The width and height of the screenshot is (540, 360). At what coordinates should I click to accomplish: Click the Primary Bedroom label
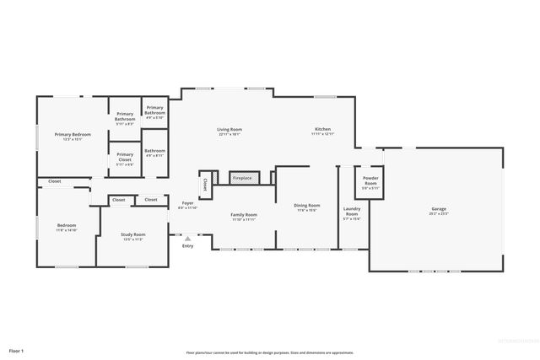coord(73,135)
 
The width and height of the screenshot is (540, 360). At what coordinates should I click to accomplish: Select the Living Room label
coord(229,130)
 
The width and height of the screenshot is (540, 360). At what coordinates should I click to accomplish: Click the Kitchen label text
coord(323,130)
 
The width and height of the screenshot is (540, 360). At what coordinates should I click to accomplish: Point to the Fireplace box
coord(241,179)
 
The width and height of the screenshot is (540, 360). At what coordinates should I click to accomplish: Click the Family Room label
coord(244,215)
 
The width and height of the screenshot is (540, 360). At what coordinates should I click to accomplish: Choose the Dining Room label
coord(307,206)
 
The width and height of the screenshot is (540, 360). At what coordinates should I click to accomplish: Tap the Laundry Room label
coord(352,212)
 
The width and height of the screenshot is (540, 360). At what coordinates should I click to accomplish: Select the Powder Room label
coord(370,180)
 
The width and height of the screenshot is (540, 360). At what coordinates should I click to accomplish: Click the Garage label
coord(439,208)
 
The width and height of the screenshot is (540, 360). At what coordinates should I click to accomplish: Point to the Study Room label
coord(133,234)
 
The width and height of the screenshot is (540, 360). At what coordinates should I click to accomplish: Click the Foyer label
coord(187,203)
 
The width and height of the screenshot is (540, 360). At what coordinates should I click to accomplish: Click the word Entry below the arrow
coord(187,245)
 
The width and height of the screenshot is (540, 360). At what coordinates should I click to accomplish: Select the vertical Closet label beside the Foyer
coord(205,184)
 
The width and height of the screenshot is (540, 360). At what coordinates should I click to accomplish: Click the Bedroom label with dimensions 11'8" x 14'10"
coord(67,225)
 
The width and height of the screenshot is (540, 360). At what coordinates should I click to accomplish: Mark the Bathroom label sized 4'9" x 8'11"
coord(154,152)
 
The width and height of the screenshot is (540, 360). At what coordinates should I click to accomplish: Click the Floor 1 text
coord(17,350)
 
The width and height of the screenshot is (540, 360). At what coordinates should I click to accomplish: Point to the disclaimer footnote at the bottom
coord(270,352)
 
